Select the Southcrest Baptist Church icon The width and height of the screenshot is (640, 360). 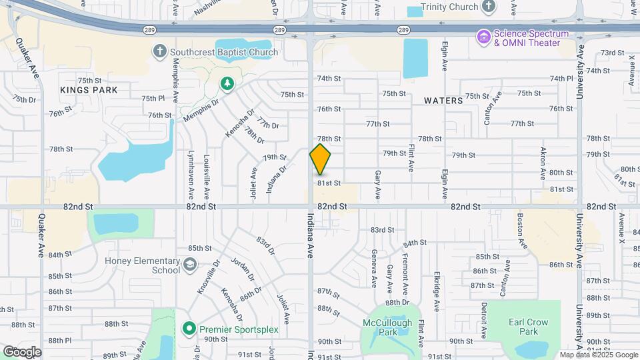coord(160,51)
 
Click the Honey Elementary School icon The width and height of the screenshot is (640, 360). coord(189,265)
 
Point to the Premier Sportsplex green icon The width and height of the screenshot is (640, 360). coord(189,329)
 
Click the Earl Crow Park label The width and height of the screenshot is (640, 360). coord(529,327)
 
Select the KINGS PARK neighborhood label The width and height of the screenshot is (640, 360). coord(89,90)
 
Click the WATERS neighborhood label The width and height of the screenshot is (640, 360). coord(443,101)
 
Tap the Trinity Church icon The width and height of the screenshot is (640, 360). coord(489,7)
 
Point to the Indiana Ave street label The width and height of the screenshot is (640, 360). coord(310,236)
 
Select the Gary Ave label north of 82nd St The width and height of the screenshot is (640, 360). coord(377,184)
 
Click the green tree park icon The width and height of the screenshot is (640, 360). coord(227,83)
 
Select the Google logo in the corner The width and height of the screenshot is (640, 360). coord(23,351)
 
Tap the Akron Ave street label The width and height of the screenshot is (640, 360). coord(543,162)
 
